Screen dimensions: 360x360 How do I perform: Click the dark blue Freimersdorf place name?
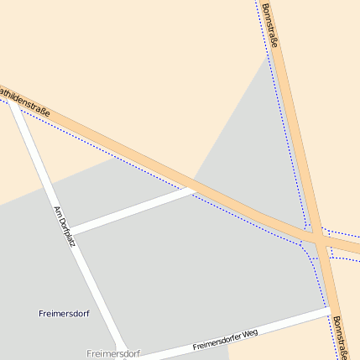(x=64, y=313)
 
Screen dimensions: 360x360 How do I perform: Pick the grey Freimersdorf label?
(x=112, y=353)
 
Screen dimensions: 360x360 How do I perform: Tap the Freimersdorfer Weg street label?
(x=225, y=339)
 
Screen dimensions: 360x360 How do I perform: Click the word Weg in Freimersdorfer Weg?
(x=249, y=333)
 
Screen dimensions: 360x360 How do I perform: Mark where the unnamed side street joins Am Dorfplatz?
(x=70, y=229)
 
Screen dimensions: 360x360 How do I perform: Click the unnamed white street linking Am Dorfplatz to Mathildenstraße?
(x=134, y=210)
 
